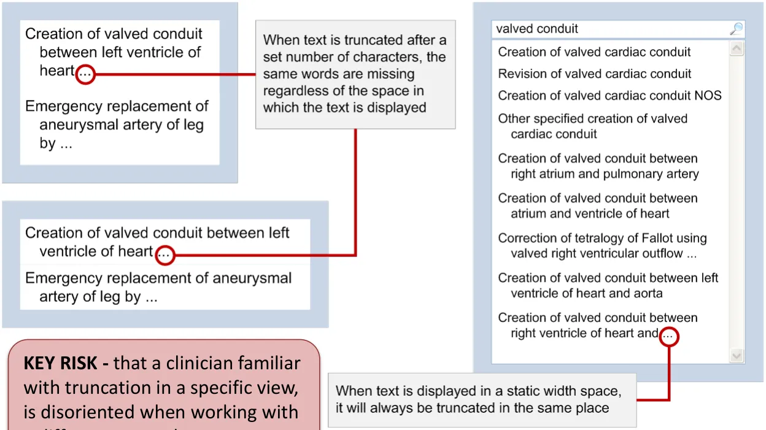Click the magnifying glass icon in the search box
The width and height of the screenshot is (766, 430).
pyautogui.click(x=736, y=29)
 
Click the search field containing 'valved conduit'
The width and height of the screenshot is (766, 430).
pyautogui.click(x=608, y=29)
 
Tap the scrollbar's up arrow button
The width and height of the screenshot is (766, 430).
pyautogui.click(x=737, y=49)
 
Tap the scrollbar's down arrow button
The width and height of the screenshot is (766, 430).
pyautogui.click(x=737, y=355)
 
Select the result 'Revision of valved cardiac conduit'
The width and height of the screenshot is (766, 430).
pyautogui.click(x=594, y=74)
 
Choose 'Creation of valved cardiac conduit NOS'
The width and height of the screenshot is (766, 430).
pyautogui.click(x=609, y=96)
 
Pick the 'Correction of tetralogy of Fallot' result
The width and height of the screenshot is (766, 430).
pyautogui.click(x=602, y=245)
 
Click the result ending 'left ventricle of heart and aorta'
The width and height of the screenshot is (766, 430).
pyautogui.click(x=608, y=285)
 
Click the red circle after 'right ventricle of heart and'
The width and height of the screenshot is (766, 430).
pyautogui.click(x=669, y=336)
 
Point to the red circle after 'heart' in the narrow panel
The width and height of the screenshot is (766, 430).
pyautogui.click(x=86, y=74)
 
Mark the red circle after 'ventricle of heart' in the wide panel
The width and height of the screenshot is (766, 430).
pyautogui.click(x=164, y=255)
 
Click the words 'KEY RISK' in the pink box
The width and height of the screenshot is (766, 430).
pyautogui.click(x=60, y=363)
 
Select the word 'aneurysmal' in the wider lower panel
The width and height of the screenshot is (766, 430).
pyautogui.click(x=252, y=278)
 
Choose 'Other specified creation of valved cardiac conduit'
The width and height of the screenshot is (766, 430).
pyautogui.click(x=592, y=126)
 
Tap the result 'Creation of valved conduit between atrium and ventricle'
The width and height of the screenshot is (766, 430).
pyautogui.click(x=597, y=205)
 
